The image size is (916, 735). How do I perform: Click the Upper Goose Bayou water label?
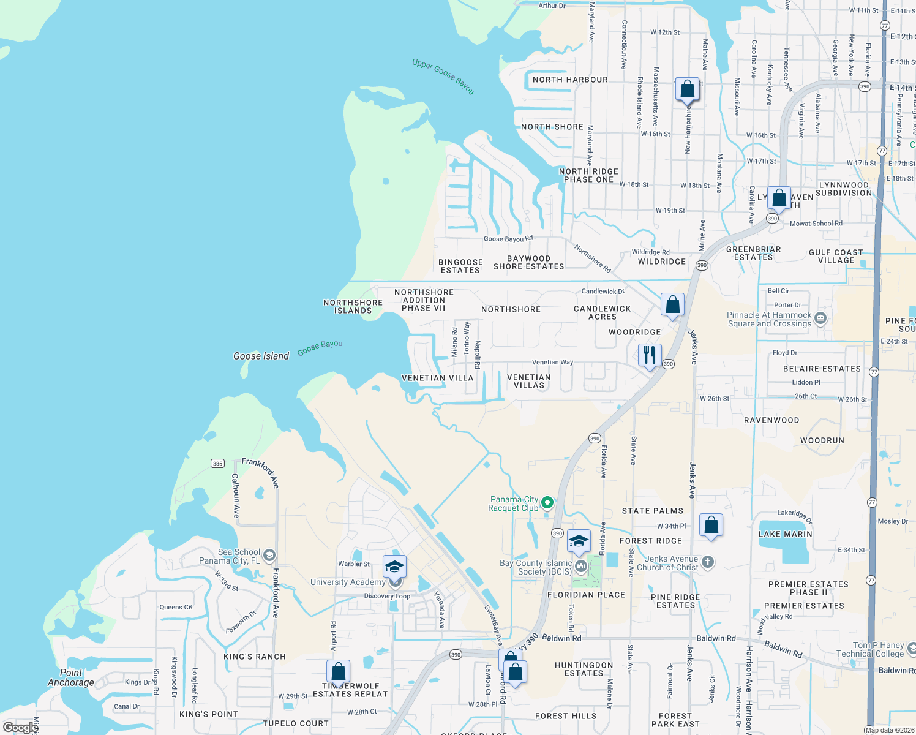(x=443, y=77)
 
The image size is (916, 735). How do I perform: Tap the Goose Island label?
(x=261, y=356)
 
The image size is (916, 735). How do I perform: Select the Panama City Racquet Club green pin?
(x=547, y=503)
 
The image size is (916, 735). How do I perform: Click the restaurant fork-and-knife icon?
(x=649, y=355)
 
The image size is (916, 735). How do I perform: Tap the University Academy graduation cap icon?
(x=395, y=567)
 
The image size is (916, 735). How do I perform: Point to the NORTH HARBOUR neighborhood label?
(x=570, y=80)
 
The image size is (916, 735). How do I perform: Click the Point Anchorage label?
(x=71, y=677)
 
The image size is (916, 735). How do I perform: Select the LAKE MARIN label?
(x=786, y=534)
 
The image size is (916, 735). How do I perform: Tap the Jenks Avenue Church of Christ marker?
(x=707, y=562)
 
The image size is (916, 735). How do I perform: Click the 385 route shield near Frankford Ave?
(x=218, y=463)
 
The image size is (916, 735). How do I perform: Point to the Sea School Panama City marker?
(x=269, y=556)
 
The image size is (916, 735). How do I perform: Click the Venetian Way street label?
(x=552, y=362)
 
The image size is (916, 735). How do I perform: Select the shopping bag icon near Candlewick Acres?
(x=672, y=304)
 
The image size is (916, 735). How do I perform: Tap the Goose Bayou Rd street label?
(x=508, y=239)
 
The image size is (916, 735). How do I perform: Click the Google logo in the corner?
(x=20, y=728)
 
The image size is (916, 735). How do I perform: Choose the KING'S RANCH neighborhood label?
(x=255, y=657)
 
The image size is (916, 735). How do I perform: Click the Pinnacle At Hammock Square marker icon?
(x=820, y=318)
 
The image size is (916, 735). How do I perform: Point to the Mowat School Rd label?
(x=816, y=224)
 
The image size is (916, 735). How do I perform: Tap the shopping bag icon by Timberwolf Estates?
(x=338, y=672)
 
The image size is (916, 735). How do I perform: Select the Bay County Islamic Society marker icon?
(x=580, y=567)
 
